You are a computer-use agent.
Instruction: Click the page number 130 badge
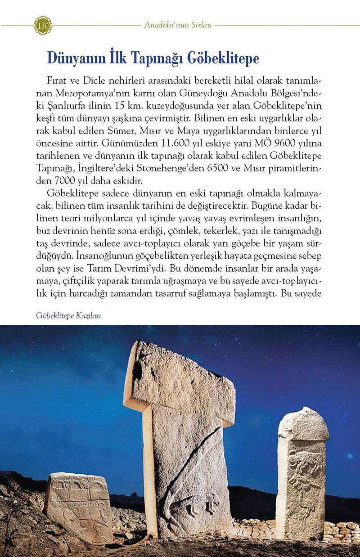[x=43, y=25]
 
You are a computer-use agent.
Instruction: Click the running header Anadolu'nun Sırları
[x=178, y=25]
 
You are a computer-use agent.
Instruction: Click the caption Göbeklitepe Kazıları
[x=68, y=315]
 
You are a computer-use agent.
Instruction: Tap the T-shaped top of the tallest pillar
[x=180, y=378]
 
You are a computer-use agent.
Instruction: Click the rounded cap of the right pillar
[x=302, y=423]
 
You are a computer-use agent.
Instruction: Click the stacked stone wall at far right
[x=342, y=531]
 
